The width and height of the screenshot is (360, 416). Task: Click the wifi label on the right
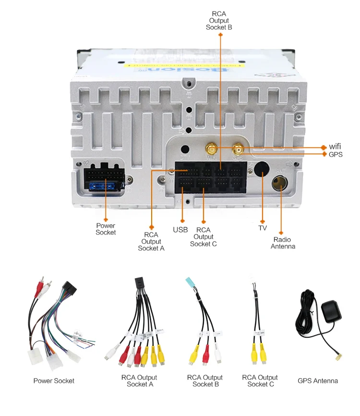point(335,147)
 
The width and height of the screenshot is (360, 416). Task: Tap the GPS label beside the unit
point(336,154)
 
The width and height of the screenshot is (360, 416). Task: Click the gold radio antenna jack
point(279,183)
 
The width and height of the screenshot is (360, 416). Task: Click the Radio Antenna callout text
point(283,243)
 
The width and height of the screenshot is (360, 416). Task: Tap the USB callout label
point(180,230)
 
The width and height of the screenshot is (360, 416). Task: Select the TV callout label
point(263,228)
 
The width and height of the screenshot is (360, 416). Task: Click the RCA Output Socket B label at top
point(219,21)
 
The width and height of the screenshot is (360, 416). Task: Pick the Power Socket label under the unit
point(106,229)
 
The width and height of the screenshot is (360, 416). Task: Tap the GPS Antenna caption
point(318,381)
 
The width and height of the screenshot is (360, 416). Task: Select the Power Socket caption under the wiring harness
point(54,381)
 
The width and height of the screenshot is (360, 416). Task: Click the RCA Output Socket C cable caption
point(260,381)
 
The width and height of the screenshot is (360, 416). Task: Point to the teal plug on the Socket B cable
point(189,283)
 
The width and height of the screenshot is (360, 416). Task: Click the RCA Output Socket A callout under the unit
point(151,241)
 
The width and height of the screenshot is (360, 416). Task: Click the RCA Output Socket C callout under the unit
point(203,237)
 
